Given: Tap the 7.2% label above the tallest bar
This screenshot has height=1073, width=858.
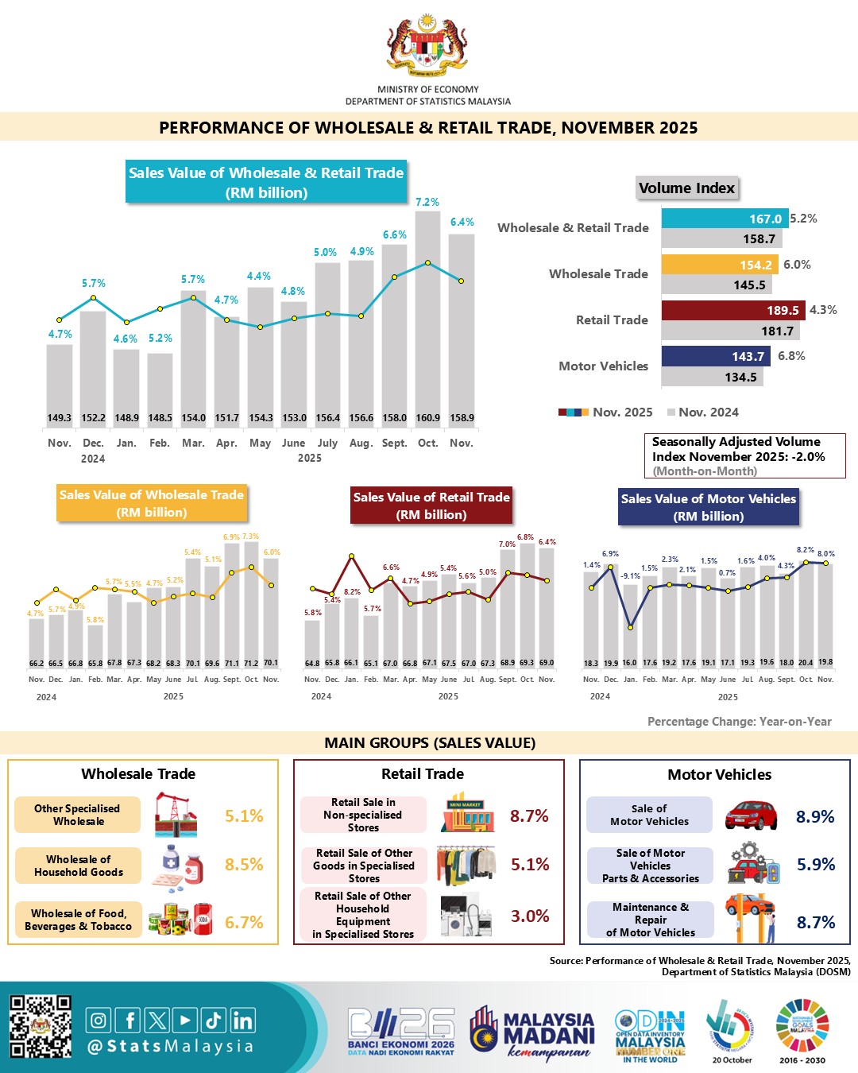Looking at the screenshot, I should point(427,203).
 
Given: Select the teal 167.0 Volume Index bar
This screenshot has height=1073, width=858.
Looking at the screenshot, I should point(725,219).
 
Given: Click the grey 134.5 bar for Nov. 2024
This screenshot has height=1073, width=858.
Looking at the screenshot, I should point(712,377).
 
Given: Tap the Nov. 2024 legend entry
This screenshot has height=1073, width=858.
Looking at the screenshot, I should point(703,412).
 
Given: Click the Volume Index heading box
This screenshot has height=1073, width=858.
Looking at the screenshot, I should point(687,188).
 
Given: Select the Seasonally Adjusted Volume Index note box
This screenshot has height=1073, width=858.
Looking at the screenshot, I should point(744,455).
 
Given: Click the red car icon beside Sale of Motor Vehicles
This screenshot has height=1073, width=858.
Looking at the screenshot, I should point(751,815).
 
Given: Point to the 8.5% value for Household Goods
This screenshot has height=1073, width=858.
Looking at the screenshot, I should point(244,865).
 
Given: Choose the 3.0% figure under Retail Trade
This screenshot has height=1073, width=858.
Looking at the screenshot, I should point(530,916).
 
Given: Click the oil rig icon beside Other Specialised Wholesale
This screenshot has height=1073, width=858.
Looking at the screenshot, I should point(180,814).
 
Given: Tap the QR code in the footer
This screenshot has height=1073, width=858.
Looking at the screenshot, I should point(41,1027).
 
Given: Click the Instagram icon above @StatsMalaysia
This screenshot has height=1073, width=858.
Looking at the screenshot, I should point(99,1020).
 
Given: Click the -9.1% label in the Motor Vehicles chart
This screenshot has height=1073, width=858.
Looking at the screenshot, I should point(630,576).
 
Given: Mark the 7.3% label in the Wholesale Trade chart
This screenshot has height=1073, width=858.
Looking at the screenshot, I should point(250,536).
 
